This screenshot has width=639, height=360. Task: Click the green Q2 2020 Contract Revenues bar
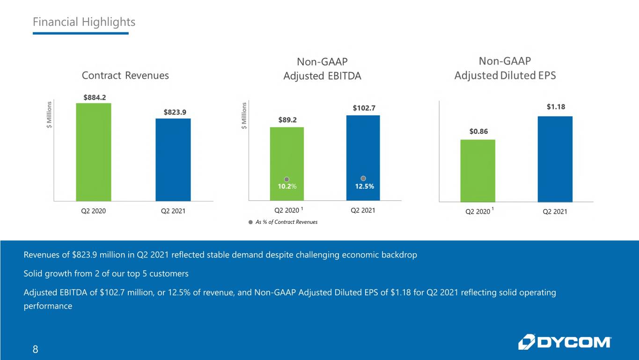[x=94, y=152]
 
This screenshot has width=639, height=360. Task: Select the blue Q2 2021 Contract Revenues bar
[x=173, y=160]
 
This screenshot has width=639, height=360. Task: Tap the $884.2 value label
[x=95, y=97]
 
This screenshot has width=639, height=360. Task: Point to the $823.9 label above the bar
[x=175, y=112]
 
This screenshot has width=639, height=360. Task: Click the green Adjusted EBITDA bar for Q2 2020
[x=287, y=164]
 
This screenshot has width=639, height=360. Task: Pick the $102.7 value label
[x=364, y=108]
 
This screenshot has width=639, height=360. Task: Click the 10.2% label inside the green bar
[x=287, y=187]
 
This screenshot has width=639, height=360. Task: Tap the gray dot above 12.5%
[x=363, y=178]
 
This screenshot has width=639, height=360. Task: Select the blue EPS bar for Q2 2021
[x=555, y=159]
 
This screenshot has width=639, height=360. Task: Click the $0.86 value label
[x=479, y=132]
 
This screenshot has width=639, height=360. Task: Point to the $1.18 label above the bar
[x=556, y=107]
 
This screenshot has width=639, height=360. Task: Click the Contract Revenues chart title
[x=125, y=75]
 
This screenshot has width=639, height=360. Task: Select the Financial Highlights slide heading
[x=84, y=22]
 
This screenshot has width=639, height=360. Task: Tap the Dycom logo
[x=565, y=342]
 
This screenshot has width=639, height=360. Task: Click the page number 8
[x=36, y=349]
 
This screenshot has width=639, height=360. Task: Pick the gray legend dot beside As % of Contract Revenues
[x=250, y=222]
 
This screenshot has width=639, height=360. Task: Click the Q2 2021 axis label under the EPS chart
[x=555, y=212]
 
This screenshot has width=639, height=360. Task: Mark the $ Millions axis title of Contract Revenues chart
[x=49, y=115]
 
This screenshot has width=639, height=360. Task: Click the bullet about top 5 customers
[x=106, y=273]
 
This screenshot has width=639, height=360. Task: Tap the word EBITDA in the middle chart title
[x=345, y=76]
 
